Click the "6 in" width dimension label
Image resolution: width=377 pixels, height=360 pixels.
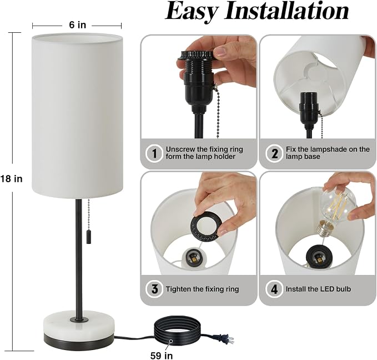click(x=77, y=25)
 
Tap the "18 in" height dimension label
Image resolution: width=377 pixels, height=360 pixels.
click(x=11, y=179)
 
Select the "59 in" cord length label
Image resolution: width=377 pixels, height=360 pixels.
click(x=162, y=355)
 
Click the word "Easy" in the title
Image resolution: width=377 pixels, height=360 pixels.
click(x=192, y=11)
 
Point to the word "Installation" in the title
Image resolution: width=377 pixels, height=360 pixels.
click(x=286, y=11)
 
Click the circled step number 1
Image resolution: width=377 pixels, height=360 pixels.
click(x=154, y=153)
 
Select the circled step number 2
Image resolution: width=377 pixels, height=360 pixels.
click(x=274, y=153)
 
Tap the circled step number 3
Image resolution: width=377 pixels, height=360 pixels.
click(x=154, y=289)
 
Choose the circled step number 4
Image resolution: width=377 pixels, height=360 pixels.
click(x=274, y=289)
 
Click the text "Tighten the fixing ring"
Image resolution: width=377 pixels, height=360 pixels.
click(x=202, y=289)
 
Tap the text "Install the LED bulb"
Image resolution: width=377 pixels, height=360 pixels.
click(x=318, y=289)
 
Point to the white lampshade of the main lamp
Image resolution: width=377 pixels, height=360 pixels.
click(x=77, y=116)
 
